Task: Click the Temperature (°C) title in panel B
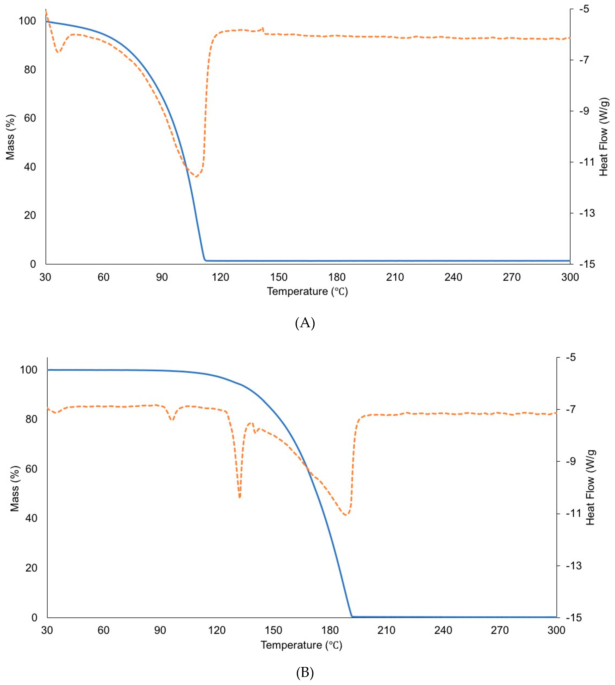301,645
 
